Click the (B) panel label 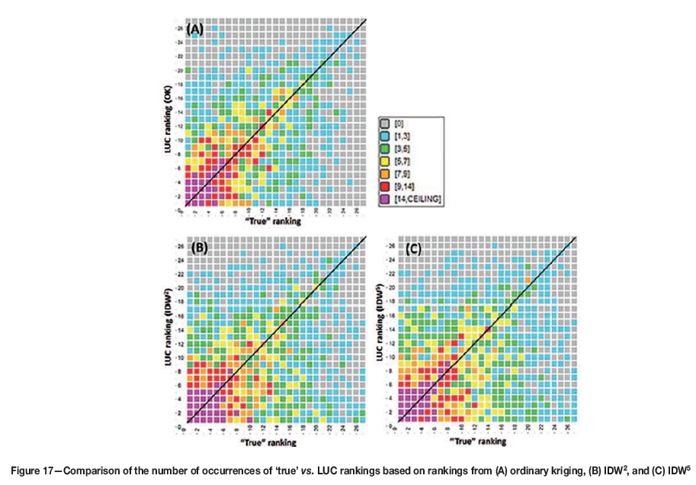coord(198,248)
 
